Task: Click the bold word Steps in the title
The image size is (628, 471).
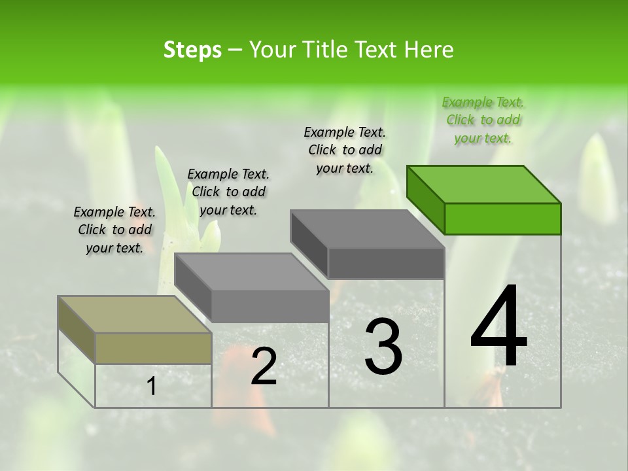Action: coord(192,50)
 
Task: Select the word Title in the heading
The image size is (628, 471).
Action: coord(324,50)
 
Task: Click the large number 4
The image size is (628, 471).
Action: coord(498,327)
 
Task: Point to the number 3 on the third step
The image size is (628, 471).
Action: coord(383,347)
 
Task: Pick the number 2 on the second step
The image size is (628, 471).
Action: coord(264,366)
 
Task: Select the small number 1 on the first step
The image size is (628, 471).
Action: coord(151,387)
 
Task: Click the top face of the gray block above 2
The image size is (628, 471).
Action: coord(251,271)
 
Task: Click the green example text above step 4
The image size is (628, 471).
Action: coord(483,120)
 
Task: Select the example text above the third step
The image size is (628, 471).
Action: coord(345,150)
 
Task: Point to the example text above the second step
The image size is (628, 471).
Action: coord(228,192)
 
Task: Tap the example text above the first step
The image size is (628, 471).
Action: coord(114,230)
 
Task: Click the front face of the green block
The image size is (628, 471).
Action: coord(502,218)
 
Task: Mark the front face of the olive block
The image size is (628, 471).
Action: coord(153,348)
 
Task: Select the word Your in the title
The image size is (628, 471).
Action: coord(271,50)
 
